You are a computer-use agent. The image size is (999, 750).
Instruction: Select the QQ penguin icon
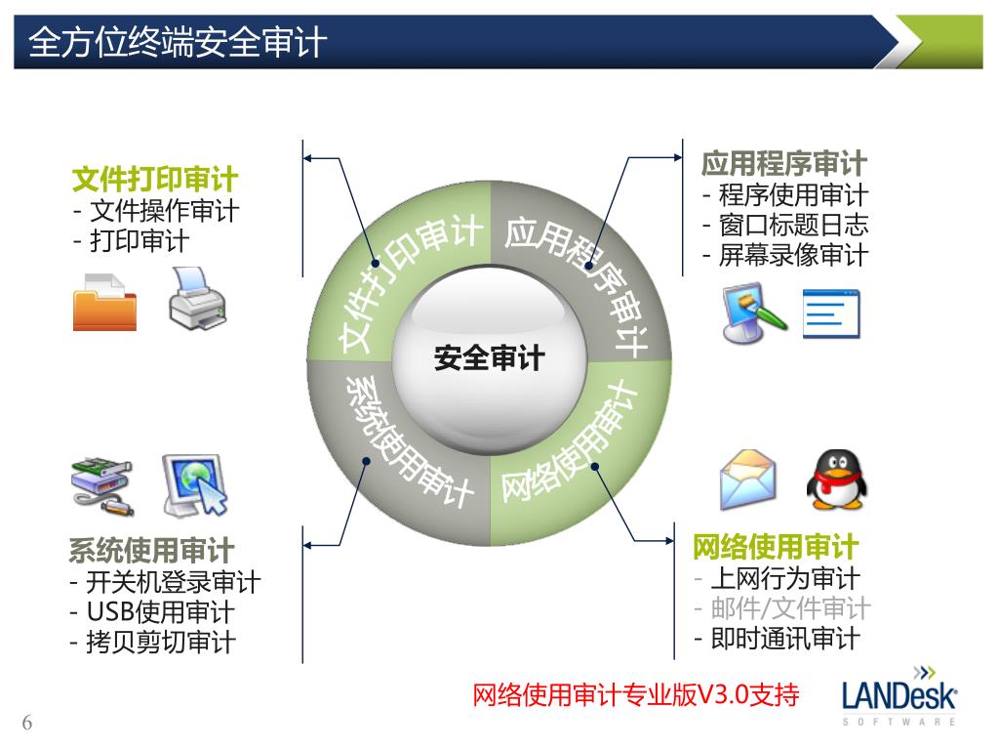tap(836, 479)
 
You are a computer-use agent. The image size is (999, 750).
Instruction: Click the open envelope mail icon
tap(748, 479)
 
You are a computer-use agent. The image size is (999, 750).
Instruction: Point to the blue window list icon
tap(831, 314)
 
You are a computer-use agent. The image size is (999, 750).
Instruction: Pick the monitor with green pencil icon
tap(752, 312)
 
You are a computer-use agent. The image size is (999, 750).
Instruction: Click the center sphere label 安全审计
tap(489, 357)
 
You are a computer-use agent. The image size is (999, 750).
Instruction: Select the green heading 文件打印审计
tap(155, 180)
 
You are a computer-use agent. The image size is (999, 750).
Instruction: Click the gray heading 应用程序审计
tap(783, 163)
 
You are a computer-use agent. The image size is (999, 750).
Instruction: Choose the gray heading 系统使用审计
tap(151, 551)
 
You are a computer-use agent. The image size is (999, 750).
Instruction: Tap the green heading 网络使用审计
tap(776, 547)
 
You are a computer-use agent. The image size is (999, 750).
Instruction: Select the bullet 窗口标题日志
tap(793, 225)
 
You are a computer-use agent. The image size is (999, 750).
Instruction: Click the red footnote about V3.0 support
tap(635, 694)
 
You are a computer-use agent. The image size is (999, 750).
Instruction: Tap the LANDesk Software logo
tap(899, 696)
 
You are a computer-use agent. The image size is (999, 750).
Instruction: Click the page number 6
tap(27, 723)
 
